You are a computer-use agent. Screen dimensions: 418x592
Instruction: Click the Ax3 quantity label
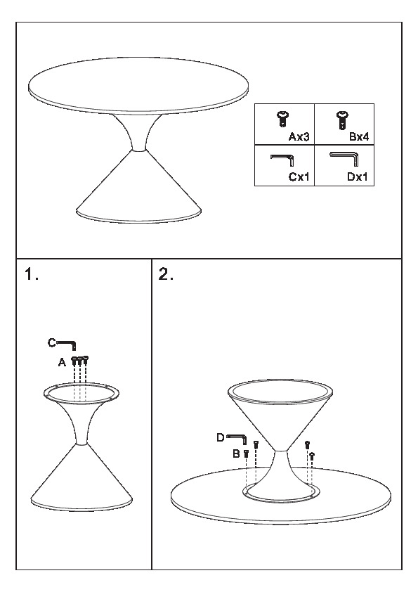click(x=299, y=136)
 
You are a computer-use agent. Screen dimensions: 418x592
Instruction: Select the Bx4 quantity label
click(x=359, y=136)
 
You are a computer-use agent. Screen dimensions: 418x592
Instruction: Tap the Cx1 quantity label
click(x=299, y=176)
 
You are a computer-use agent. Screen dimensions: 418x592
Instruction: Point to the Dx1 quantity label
click(x=358, y=176)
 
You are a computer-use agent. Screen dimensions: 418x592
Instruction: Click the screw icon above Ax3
click(x=282, y=119)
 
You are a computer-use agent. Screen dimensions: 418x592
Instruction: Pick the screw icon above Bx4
click(x=342, y=120)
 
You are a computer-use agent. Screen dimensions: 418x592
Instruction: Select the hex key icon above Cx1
click(x=282, y=160)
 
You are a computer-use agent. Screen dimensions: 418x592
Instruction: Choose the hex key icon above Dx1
click(x=344, y=159)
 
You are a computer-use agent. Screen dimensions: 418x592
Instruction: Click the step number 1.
click(x=32, y=274)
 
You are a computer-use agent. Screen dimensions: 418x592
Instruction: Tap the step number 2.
click(x=166, y=274)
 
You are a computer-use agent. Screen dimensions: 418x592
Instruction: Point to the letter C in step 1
click(x=52, y=342)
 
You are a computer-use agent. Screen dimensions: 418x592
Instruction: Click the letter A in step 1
click(x=63, y=363)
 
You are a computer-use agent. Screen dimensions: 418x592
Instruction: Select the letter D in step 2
click(x=221, y=437)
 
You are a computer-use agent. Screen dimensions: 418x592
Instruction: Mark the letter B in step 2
click(x=236, y=453)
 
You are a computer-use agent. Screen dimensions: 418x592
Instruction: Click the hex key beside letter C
click(x=67, y=345)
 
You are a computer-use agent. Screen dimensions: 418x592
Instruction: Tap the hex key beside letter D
click(x=237, y=439)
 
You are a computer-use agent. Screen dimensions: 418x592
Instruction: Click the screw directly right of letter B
click(x=246, y=453)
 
